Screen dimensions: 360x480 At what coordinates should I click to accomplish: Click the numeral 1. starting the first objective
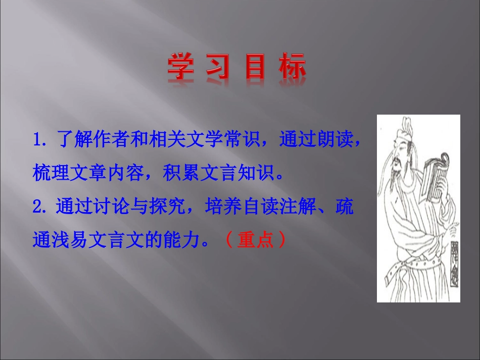tap(40, 139)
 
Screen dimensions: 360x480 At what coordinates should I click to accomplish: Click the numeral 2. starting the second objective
tap(40, 207)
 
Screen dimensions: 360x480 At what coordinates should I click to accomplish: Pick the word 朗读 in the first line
tap(335, 139)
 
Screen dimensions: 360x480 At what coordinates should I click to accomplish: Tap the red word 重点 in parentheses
tap(255, 240)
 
